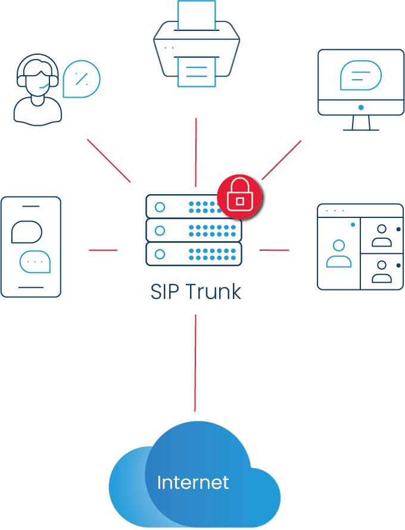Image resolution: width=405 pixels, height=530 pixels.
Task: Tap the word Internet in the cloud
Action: [193, 482]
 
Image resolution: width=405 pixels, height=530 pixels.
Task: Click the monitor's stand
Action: [360, 123]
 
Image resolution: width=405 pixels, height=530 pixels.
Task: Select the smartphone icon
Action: [31, 247]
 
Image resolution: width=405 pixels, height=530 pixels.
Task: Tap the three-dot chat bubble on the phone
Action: [35, 261]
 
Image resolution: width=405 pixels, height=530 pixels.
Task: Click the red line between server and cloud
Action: [195, 363]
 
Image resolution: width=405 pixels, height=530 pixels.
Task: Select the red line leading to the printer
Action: [195, 152]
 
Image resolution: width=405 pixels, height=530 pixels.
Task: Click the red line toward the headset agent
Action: [108, 160]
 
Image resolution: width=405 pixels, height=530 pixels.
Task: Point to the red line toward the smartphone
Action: [103, 250]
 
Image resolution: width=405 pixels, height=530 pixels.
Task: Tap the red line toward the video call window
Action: [274, 250]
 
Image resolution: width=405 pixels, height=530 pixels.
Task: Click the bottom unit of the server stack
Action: [194, 254]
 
